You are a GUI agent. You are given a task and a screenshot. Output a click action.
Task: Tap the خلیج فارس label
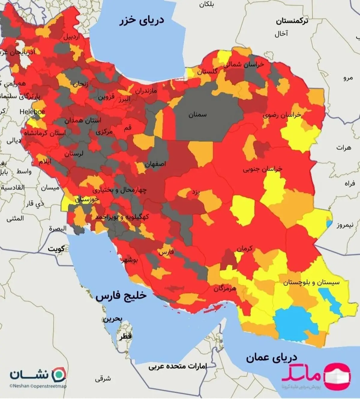tap(121, 296)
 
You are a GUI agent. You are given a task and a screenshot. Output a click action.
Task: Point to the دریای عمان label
tap(271, 358)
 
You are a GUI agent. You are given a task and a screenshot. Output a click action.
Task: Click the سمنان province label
tap(197, 115)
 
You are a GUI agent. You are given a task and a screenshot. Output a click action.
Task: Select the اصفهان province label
tap(155, 164)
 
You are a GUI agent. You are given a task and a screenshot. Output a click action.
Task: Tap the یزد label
tap(196, 192)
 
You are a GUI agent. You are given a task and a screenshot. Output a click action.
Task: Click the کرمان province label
tap(244, 248)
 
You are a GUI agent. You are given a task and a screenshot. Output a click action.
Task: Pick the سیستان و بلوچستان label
tap(311, 282)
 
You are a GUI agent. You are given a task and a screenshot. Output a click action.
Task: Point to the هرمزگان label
tap(225, 289)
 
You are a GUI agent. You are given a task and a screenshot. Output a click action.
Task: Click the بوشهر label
tap(129, 260)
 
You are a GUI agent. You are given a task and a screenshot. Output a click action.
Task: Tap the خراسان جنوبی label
tap(262, 169)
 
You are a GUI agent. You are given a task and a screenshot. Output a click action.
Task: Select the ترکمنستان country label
tap(292, 21)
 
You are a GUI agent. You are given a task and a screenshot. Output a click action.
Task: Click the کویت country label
tap(56, 249)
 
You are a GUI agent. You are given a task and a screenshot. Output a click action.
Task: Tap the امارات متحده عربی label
tap(178, 366)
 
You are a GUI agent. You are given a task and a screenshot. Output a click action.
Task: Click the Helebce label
tap(32, 112)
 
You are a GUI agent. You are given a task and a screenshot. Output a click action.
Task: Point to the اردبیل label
tap(71, 37)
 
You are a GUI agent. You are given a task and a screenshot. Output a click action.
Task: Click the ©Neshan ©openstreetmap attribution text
tap(38, 386)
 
